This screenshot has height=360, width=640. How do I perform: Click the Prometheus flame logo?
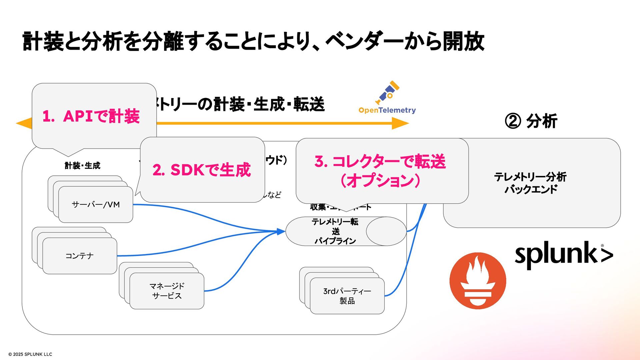click(478, 281)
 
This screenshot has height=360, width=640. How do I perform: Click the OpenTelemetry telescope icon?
click(387, 92)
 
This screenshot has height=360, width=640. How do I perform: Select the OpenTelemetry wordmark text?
click(387, 110)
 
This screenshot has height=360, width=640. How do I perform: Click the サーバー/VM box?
click(96, 204)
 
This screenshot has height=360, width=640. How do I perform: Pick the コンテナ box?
click(80, 256)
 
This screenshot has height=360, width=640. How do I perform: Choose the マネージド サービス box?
click(167, 291)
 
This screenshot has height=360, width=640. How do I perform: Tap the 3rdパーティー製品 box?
click(347, 296)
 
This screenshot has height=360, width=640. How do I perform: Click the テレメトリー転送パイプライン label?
click(335, 231)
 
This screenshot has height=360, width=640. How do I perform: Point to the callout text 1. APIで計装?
click(91, 116)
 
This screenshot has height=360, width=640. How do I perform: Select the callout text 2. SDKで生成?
click(202, 170)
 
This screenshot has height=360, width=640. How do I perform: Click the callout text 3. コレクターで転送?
click(380, 162)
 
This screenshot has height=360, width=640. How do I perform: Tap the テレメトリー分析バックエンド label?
click(531, 183)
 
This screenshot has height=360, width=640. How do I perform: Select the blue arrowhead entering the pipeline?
click(281, 231)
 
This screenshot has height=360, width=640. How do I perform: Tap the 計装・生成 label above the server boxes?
click(82, 166)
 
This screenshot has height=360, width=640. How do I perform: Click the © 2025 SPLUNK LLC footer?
click(30, 354)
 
